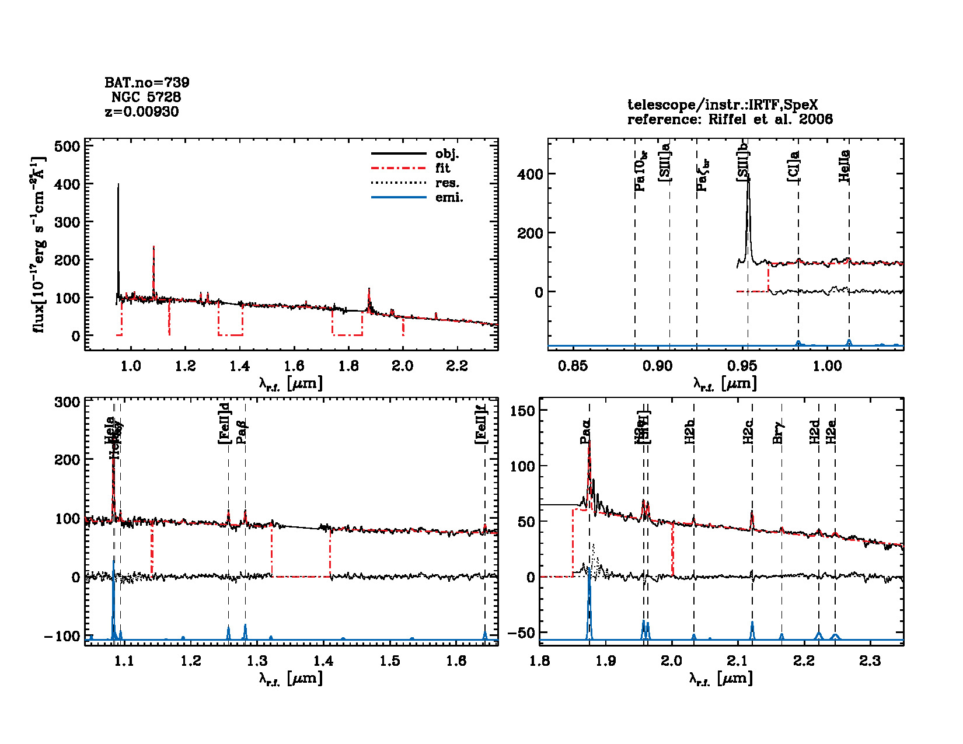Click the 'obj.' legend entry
pos(447,154)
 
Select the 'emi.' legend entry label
pos(449,198)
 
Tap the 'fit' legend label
pos(443,169)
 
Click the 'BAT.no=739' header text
pos(147,83)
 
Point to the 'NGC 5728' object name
pos(146,97)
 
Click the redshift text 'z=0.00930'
pos(142,112)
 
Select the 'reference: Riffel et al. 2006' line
pos(730,120)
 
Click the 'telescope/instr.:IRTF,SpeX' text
pos(723,105)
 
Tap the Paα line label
pos(585,431)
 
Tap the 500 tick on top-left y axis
pos(67,146)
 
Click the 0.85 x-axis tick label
pos(573,366)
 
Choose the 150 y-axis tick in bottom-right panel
pos(522,411)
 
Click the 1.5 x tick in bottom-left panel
pos(390,661)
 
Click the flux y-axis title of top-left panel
pos(39,245)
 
